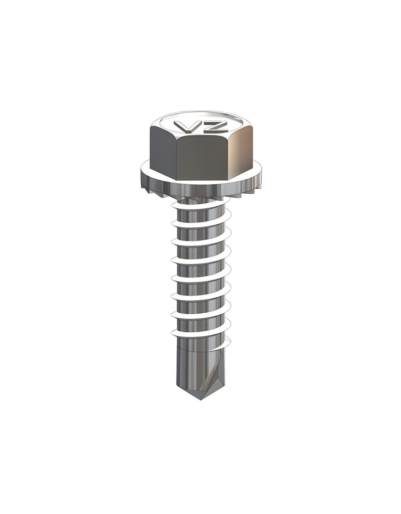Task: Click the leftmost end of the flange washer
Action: pos(142,171)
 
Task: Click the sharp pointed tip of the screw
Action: pos(200,400)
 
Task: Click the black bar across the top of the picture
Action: pos(200,23)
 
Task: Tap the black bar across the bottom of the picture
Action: pos(200,491)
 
